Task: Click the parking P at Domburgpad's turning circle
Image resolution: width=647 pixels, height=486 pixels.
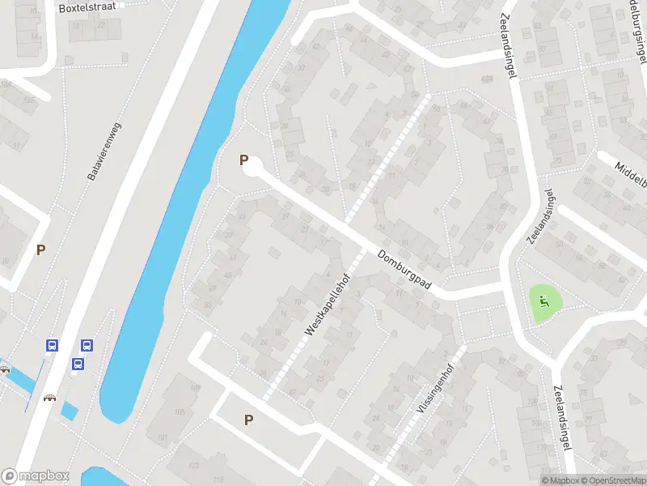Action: pos(243,160)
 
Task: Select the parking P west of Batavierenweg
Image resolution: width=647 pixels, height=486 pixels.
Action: pos(40,249)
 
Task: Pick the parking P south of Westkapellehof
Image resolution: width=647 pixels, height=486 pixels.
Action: pos(249,420)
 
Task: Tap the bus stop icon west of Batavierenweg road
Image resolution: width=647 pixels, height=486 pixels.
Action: pos(52,346)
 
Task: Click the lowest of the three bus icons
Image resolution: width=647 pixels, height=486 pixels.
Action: pos(78,364)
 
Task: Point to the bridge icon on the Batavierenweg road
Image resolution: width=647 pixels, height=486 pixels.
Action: pos(50,398)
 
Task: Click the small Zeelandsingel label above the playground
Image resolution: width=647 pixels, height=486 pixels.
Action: pos(540,216)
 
